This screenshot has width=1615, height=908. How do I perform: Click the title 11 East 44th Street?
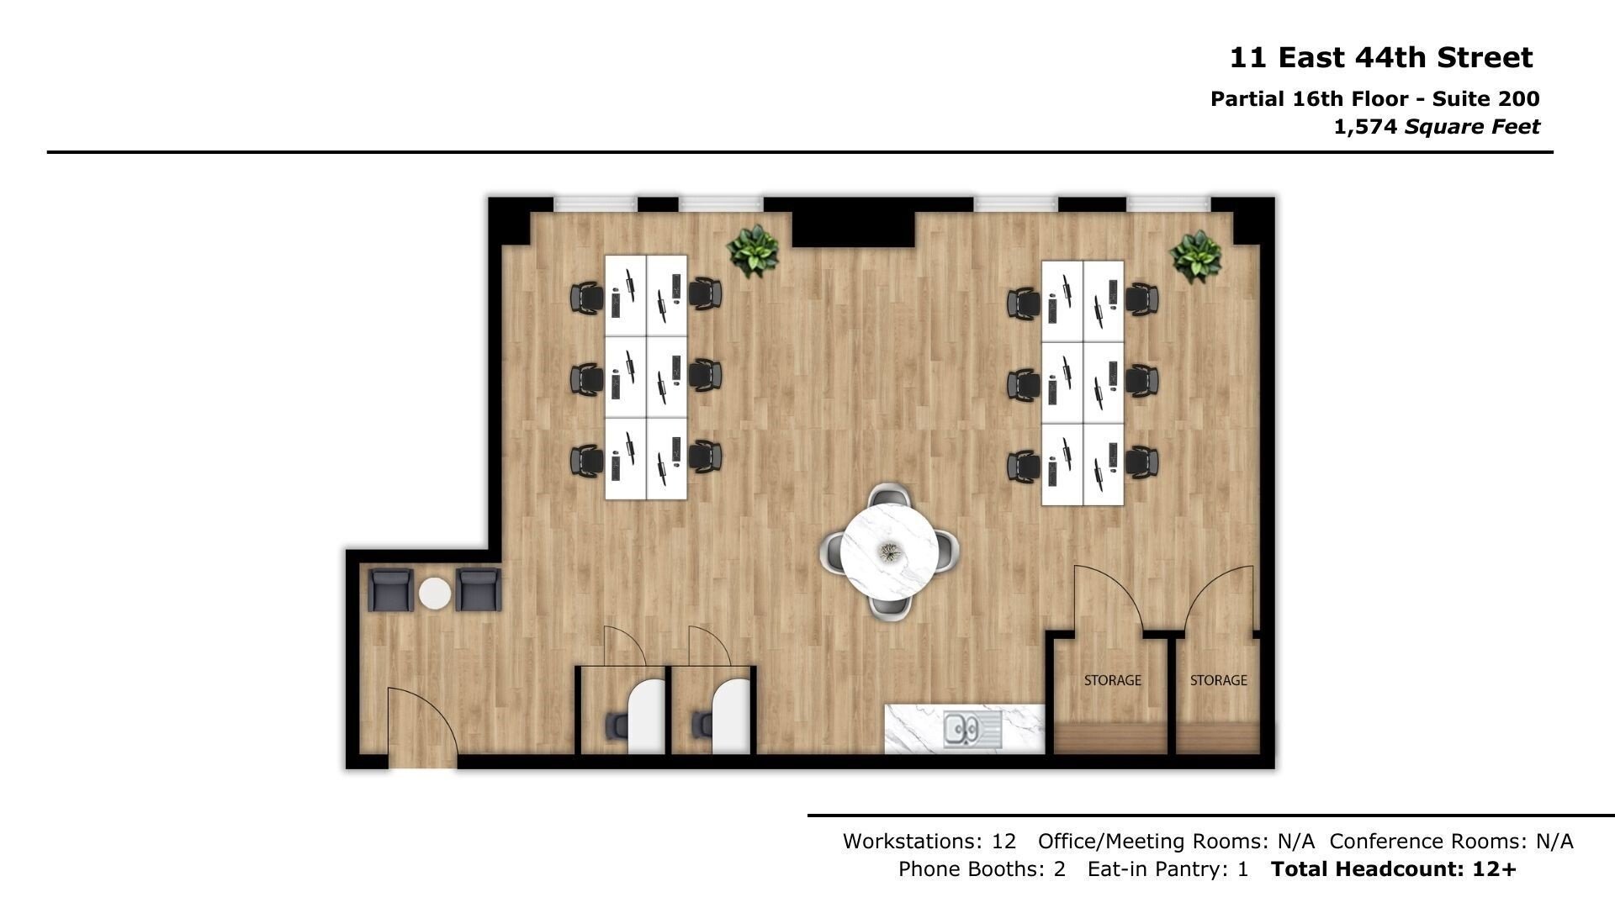[1381, 58]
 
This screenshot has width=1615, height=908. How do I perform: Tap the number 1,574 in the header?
[1365, 127]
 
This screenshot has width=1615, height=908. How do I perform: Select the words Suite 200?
[1486, 99]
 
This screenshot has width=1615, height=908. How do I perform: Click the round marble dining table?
[890, 551]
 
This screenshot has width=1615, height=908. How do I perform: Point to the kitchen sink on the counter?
[972, 729]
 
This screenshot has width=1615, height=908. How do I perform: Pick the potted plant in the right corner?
[1195, 256]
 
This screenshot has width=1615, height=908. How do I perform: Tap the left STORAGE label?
[1112, 680]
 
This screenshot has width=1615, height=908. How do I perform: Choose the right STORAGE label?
[1218, 680]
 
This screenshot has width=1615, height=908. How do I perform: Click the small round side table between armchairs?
[435, 593]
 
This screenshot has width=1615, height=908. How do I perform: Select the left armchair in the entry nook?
[391, 590]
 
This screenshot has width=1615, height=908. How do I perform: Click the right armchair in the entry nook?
[478, 590]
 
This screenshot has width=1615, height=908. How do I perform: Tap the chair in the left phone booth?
[617, 724]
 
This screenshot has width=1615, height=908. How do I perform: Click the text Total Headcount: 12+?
[1393, 868]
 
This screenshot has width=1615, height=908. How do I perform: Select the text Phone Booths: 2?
[982, 868]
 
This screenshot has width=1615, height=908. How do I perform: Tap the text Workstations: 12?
[929, 841]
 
